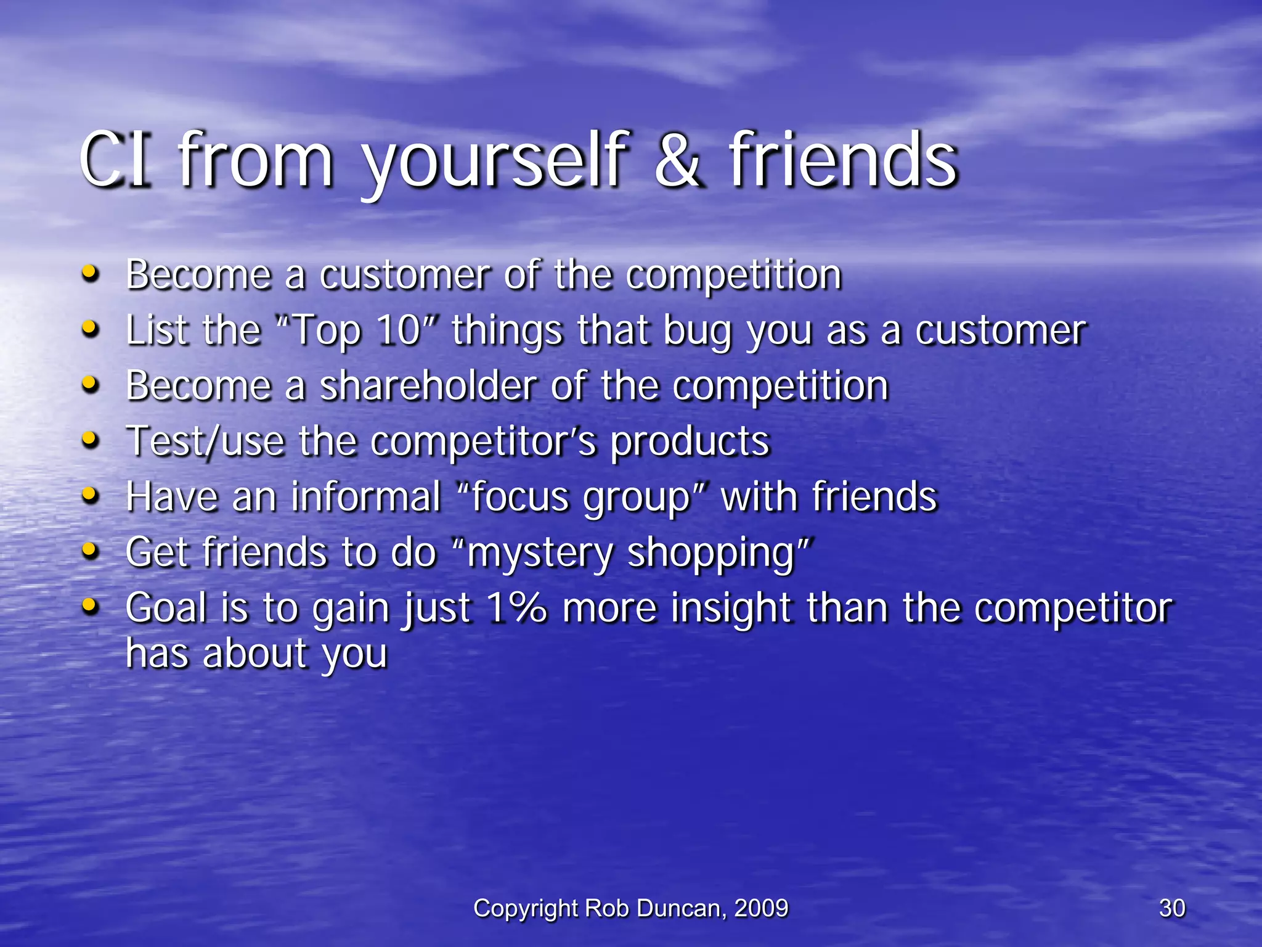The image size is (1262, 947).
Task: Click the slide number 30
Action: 1171,908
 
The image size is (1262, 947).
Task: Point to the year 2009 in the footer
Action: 761,908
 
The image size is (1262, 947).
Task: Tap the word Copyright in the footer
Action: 526,908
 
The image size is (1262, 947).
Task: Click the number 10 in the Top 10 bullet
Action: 399,330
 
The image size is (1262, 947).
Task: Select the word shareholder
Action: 428,387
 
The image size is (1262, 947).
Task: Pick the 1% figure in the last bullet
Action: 516,608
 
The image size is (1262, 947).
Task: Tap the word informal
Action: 366,497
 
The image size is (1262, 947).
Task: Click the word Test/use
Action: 205,442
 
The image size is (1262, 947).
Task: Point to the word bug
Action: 698,332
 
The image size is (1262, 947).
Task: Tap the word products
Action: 690,442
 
